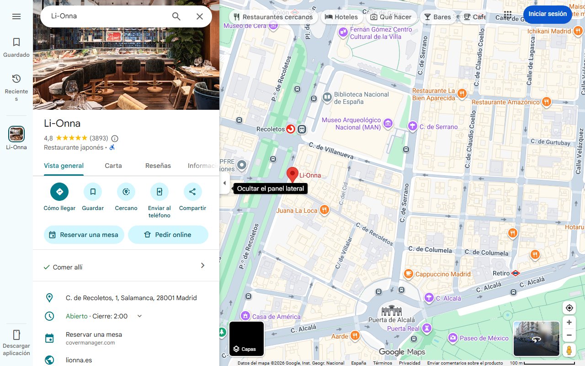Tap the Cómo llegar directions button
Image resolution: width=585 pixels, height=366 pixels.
59,192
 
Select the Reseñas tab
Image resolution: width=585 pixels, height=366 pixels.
158,166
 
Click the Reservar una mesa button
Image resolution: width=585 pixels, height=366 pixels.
84,235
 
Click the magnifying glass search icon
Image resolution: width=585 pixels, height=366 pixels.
176,16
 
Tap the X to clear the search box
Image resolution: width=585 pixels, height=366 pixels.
200,16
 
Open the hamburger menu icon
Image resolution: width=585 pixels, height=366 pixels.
16,16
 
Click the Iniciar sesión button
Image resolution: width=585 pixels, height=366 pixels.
547,14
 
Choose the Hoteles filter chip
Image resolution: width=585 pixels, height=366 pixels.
341,17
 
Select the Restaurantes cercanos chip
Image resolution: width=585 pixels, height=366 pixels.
273,17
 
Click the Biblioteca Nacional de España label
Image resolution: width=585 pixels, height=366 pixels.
361,97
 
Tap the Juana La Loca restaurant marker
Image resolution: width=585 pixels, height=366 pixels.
324,210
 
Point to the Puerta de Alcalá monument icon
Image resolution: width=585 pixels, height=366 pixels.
392,311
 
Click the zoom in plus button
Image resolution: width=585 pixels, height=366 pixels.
569,322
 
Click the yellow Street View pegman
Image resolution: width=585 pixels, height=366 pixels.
569,350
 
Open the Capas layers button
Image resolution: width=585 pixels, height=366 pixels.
246,339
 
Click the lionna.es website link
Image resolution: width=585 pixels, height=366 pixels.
79,360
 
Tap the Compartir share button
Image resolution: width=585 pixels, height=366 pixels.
192,192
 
